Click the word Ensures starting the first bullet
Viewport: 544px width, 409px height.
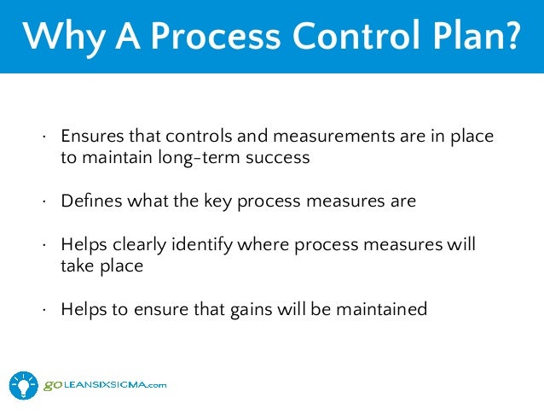[90, 137]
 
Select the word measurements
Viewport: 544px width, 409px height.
[310, 137]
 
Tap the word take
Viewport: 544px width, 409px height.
[77, 266]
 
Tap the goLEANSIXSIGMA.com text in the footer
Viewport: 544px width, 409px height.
[105, 386]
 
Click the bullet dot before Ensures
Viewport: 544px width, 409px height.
[45, 139]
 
